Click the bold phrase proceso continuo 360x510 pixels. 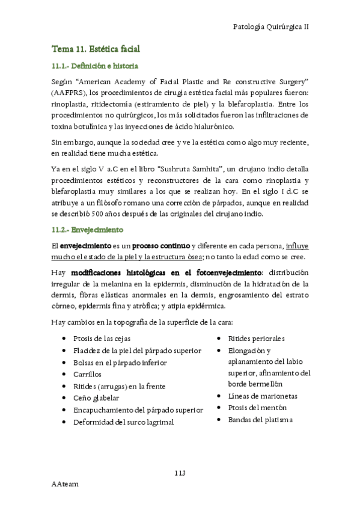click(160, 246)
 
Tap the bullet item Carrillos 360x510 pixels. click(87, 374)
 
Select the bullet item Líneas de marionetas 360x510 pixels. click(263, 396)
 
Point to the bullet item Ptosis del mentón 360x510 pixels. click(257, 408)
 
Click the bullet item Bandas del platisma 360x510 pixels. click(260, 419)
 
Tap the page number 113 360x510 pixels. click(180, 473)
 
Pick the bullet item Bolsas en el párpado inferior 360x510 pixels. click(120, 363)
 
